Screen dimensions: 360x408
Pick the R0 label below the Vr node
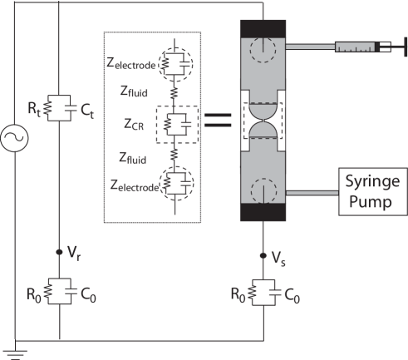[x=33, y=293]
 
